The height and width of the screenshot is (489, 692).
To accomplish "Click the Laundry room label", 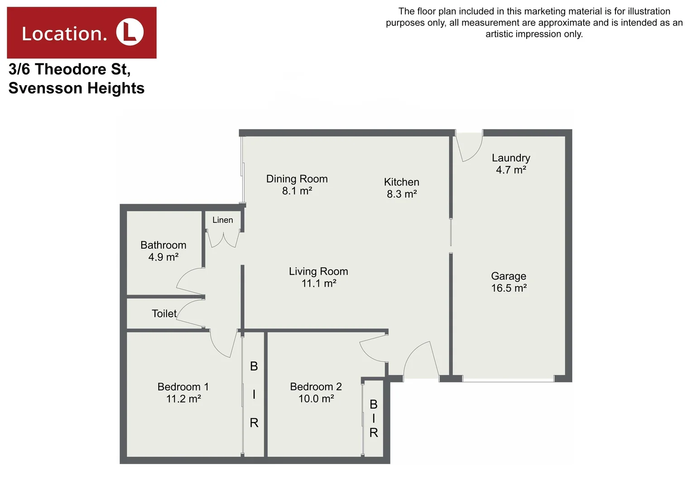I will point(511,158).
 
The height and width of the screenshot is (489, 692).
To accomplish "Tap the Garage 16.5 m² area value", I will point(509,288).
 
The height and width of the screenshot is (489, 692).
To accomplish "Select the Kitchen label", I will point(401,182).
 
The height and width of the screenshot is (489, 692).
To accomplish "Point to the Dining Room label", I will point(297,179).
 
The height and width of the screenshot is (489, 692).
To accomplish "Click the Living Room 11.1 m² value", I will point(319,283).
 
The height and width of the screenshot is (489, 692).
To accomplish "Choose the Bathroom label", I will point(163,245).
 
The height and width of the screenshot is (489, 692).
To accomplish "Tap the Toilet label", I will point(164,313).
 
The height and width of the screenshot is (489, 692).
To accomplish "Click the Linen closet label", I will point(222,220).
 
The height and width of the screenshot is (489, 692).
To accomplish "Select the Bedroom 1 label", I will point(183,387).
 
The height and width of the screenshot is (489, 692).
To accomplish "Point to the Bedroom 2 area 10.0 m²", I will point(316,399).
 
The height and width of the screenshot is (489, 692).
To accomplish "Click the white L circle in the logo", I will point(130,33).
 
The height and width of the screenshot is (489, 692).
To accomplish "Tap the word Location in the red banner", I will point(64,34).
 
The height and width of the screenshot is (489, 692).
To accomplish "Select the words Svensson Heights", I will point(77,88).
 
